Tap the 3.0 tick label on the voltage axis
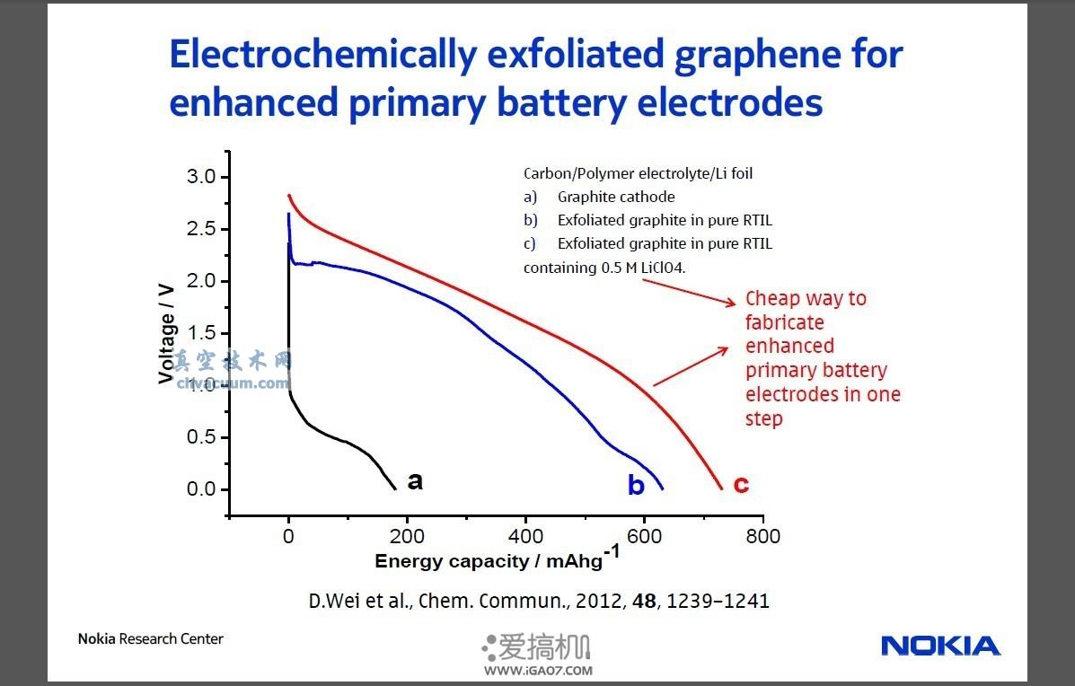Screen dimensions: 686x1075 pyautogui.click(x=200, y=177)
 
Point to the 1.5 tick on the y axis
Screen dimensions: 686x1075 pyautogui.click(x=200, y=333)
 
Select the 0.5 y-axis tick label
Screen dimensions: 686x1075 pyautogui.click(x=200, y=437)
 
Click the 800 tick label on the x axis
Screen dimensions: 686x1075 pyautogui.click(x=762, y=536)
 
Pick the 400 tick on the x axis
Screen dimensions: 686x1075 pyautogui.click(x=525, y=536)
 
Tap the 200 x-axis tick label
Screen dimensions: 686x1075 pyautogui.click(x=407, y=536)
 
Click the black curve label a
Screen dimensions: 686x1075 pyautogui.click(x=415, y=481)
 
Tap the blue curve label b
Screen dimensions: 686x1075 pyautogui.click(x=636, y=486)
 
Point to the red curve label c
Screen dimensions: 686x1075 pyautogui.click(x=741, y=485)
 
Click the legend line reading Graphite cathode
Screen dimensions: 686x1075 pyautogui.click(x=615, y=197)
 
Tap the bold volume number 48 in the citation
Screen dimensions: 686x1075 pyautogui.click(x=644, y=601)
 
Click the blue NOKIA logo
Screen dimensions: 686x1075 pyautogui.click(x=940, y=646)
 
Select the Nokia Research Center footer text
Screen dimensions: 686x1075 pyautogui.click(x=150, y=639)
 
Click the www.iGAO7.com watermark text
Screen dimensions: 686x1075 pyautogui.click(x=538, y=670)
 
